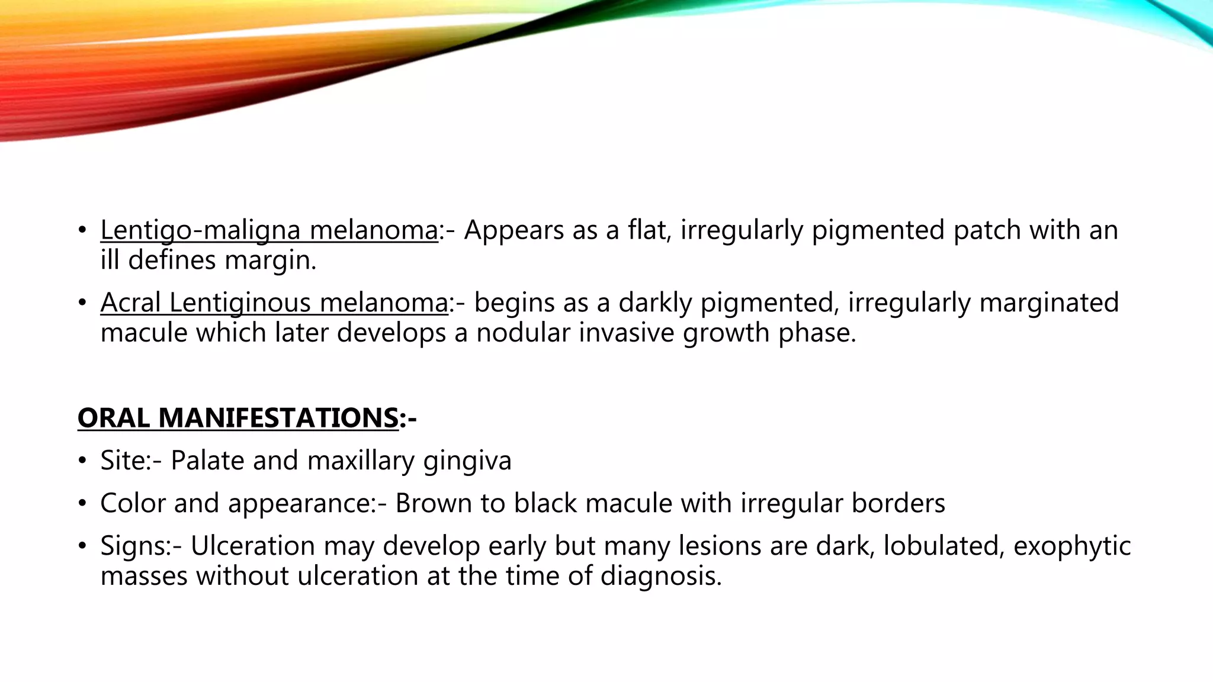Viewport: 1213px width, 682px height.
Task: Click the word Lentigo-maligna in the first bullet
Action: [201, 230]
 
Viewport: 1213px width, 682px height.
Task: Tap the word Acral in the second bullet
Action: [130, 303]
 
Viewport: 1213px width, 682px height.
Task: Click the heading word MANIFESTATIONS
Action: [278, 418]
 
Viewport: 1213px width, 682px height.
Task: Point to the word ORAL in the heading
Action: [113, 418]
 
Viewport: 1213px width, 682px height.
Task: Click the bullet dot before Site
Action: [83, 461]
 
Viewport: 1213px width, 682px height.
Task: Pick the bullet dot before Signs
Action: [83, 546]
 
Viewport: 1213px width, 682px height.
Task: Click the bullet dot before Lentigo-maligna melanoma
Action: [83, 230]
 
